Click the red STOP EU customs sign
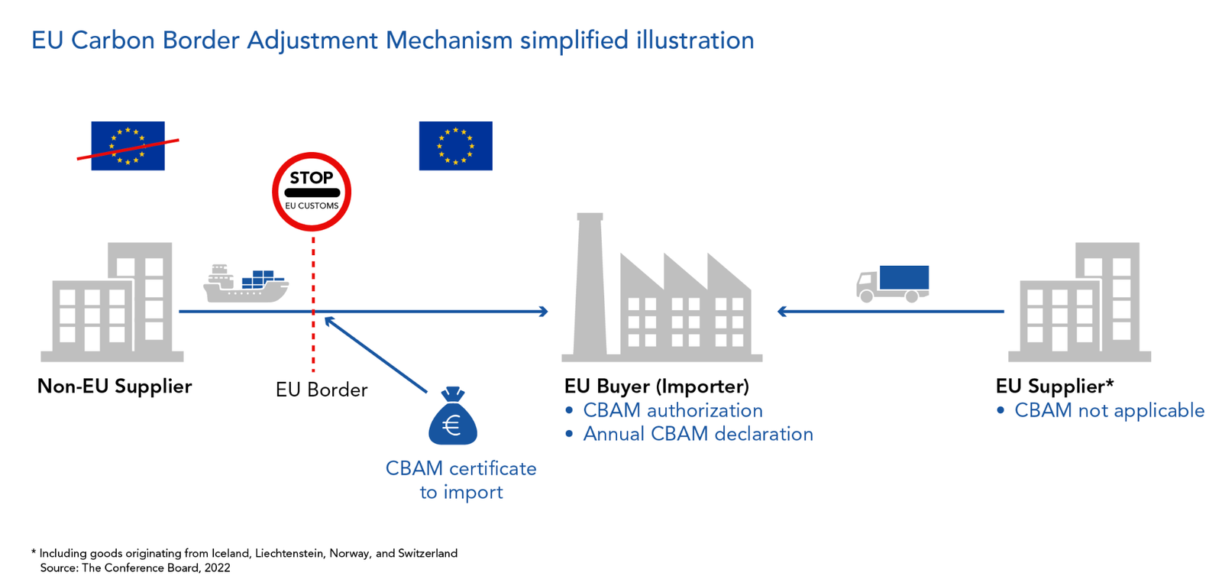click(x=312, y=192)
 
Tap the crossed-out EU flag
click(x=128, y=145)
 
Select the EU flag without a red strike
click(x=455, y=145)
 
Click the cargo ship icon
click(x=245, y=284)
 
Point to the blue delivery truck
click(x=892, y=283)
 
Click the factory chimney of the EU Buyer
click(x=590, y=283)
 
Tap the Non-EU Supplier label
click(x=115, y=387)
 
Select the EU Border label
click(x=322, y=390)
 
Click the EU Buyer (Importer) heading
click(x=657, y=387)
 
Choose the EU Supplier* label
click(x=1055, y=387)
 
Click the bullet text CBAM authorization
click(x=672, y=410)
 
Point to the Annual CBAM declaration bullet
click(x=697, y=434)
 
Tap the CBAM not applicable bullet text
click(x=1109, y=410)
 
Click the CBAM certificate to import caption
click(x=461, y=480)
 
